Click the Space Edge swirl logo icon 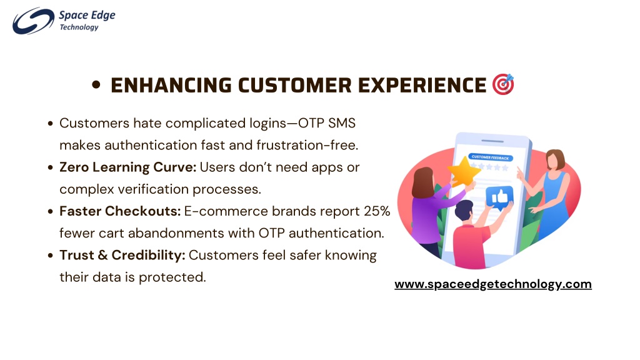click(x=33, y=21)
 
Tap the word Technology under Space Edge click(x=79, y=27)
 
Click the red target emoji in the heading click(x=503, y=84)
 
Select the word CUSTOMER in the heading click(x=295, y=85)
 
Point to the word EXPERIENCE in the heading click(x=422, y=85)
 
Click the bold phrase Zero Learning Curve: click(x=127, y=167)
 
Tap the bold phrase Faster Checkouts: click(x=120, y=211)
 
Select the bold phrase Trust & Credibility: click(x=122, y=255)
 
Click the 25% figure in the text click(x=377, y=211)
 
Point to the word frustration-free click(x=307, y=145)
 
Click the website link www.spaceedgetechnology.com click(x=493, y=284)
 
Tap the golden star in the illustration click(x=464, y=171)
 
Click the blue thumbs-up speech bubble click(x=499, y=197)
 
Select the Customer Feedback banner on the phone click(x=490, y=157)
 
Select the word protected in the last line click(x=172, y=277)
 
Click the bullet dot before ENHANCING click(x=96, y=85)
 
